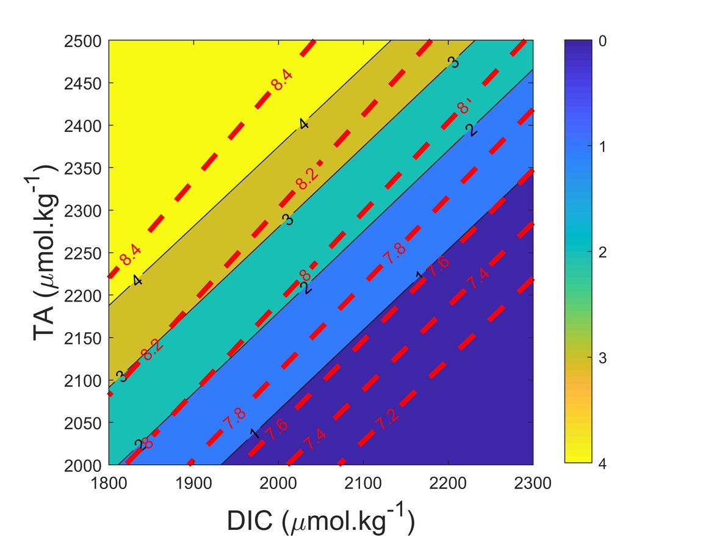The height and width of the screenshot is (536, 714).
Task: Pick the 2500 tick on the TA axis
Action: (83, 41)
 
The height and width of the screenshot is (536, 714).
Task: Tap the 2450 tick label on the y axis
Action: (83, 83)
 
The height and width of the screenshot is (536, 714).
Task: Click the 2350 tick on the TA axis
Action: (83, 168)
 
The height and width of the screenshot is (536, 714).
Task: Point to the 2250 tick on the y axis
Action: (83, 253)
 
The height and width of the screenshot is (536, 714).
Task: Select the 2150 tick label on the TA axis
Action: (83, 338)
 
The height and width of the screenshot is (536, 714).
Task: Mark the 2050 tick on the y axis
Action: (83, 422)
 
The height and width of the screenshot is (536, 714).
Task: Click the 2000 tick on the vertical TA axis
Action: (83, 465)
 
